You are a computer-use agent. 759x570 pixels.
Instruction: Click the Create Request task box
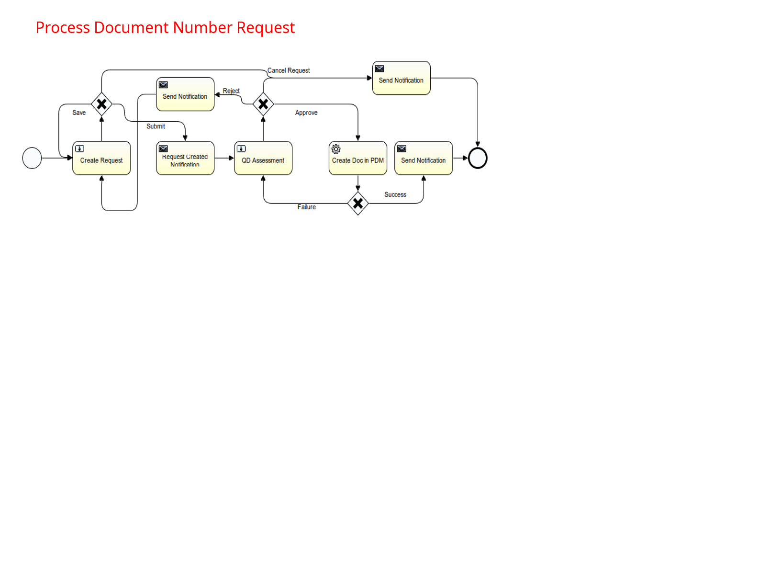pyautogui.click(x=101, y=158)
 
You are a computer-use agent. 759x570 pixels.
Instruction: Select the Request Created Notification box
pyautogui.click(x=185, y=158)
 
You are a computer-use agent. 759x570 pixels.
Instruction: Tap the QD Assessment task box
pyautogui.click(x=263, y=158)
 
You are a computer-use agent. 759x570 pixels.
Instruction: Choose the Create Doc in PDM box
pyautogui.click(x=358, y=158)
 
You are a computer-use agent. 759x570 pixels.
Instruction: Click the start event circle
pyautogui.click(x=32, y=158)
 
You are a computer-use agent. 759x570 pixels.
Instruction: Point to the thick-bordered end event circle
pyautogui.click(x=478, y=158)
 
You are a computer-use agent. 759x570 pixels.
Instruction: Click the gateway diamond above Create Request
pyautogui.click(x=101, y=104)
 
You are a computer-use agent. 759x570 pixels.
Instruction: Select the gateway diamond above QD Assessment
pyautogui.click(x=263, y=104)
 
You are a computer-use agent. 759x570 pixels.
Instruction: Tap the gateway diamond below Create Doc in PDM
pyautogui.click(x=358, y=204)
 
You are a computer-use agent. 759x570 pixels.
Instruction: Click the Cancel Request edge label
pyautogui.click(x=289, y=70)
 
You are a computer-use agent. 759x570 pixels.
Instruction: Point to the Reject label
pyautogui.click(x=231, y=91)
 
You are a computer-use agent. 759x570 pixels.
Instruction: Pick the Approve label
pyautogui.click(x=306, y=113)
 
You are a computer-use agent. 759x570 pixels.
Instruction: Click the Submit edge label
pyautogui.click(x=156, y=126)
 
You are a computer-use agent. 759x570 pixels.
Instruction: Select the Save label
pyautogui.click(x=79, y=113)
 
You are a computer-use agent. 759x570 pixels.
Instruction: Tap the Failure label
pyautogui.click(x=307, y=207)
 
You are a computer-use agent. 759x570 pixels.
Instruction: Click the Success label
pyautogui.click(x=395, y=194)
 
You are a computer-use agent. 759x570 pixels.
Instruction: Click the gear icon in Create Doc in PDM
pyautogui.click(x=336, y=149)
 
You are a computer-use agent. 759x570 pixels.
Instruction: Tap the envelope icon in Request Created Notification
pyautogui.click(x=163, y=148)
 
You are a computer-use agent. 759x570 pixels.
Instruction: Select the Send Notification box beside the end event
pyautogui.click(x=424, y=158)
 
